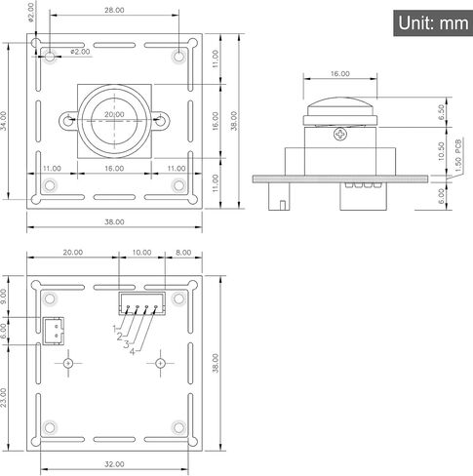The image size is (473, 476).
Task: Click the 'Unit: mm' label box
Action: (x=433, y=23)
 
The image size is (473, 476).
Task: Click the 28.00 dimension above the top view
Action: (x=114, y=10)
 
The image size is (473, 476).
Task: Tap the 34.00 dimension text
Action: (x=4, y=121)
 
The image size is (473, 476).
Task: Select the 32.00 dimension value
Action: (x=114, y=464)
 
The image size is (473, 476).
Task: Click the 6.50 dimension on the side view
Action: (x=441, y=112)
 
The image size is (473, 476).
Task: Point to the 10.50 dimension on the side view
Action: (x=441, y=151)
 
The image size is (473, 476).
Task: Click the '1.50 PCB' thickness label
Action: (x=458, y=156)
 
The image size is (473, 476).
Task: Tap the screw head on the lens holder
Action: (x=340, y=134)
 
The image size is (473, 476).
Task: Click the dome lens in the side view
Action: (x=340, y=106)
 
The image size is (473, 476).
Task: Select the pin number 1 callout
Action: (x=114, y=329)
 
